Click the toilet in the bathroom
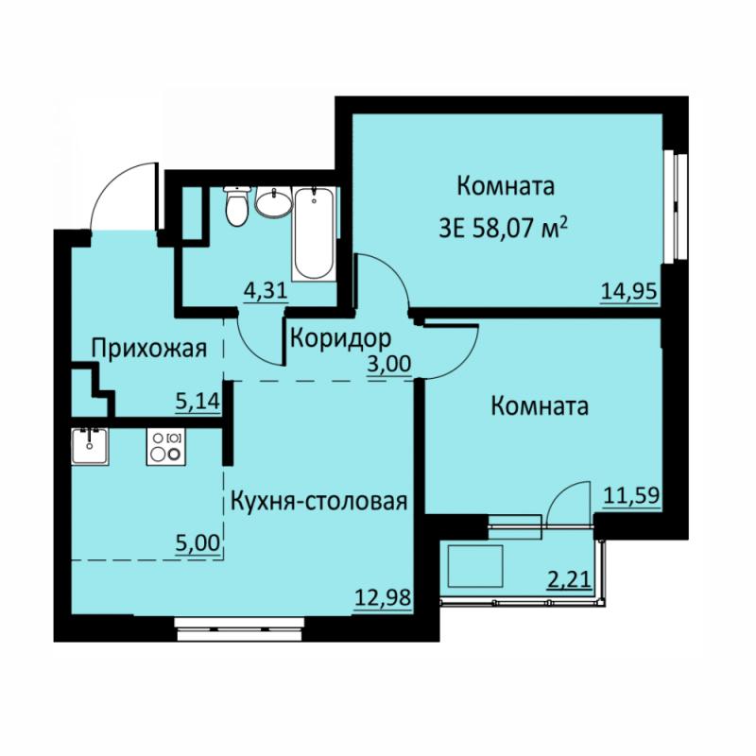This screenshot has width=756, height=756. coord(237,205)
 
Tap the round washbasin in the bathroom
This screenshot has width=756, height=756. coord(273,201)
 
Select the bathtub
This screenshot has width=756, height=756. coord(314,233)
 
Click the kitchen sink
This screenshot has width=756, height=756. coord(90,446)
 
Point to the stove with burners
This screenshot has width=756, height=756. coord(166,446)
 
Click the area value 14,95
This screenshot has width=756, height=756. coord(629,291)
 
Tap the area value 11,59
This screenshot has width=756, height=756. coord(631,495)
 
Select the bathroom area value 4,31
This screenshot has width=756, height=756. coord(265,291)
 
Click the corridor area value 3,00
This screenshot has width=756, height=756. coord(389,365)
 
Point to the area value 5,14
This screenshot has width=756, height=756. coord(198,401)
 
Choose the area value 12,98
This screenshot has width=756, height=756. coord(384,598)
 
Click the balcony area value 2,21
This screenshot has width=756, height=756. coord(570,579)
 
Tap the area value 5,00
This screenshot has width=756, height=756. coord(198,543)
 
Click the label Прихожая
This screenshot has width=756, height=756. coord(149,348)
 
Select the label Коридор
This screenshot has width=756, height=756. coord(340,338)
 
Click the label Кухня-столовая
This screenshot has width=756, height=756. coord(319,502)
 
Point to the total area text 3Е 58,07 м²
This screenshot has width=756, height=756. coord(503,228)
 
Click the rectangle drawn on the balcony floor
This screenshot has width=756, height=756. coord(475,566)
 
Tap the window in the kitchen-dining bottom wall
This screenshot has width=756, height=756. coord(239,629)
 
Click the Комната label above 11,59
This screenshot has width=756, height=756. coord(540,406)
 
